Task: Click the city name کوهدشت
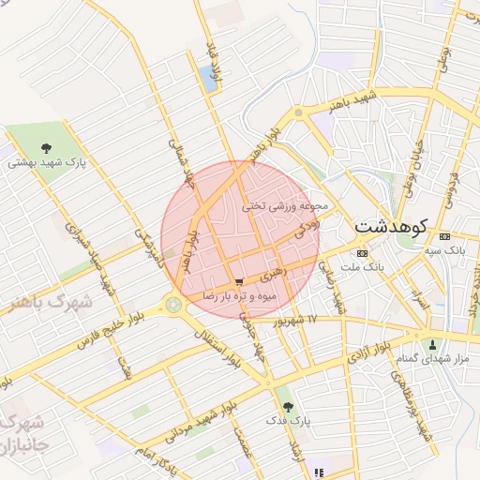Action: tap(392, 227)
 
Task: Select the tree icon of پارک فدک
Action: tap(287, 407)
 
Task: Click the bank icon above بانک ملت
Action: tap(362, 253)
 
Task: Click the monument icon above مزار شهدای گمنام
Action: tap(432, 344)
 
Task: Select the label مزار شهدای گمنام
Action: tap(432, 359)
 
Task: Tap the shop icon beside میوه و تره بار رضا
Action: tap(241, 280)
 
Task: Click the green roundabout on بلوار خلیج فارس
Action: tap(173, 303)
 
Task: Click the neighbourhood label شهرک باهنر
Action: tap(47, 303)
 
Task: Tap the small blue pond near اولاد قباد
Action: tap(208, 78)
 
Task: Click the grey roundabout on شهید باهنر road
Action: tap(298, 112)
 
